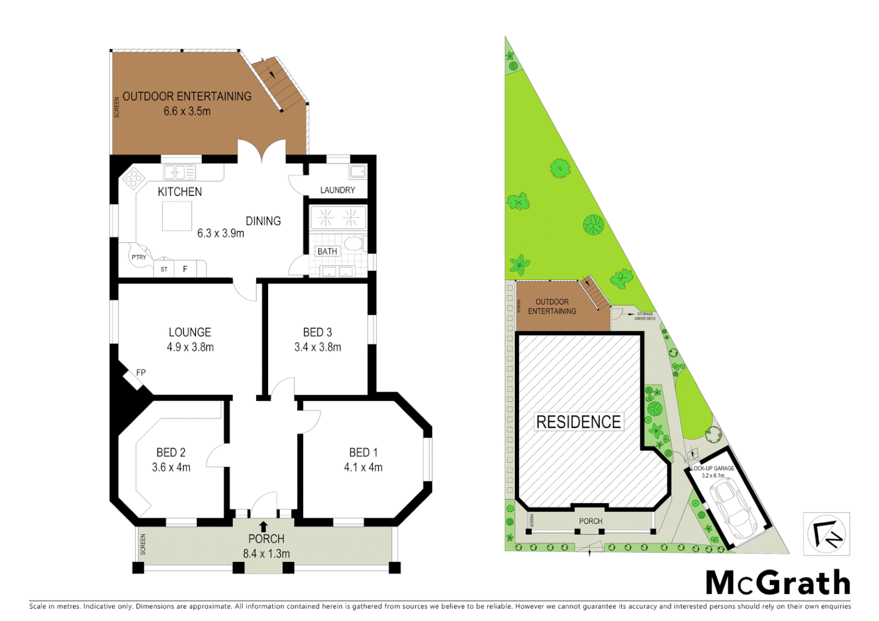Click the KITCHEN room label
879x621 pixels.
pyautogui.click(x=179, y=191)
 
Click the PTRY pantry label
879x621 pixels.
pyautogui.click(x=139, y=257)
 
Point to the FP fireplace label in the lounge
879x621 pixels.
pyautogui.click(x=141, y=373)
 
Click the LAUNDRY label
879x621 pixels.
pyautogui.click(x=337, y=190)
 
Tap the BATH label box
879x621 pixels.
pyautogui.click(x=327, y=251)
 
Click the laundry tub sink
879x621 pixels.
pyautogui.click(x=357, y=171)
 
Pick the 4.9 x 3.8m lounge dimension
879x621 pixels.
pyautogui.click(x=190, y=347)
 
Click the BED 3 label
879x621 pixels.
pyautogui.click(x=317, y=332)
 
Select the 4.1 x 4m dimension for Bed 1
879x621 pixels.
pyautogui.click(x=363, y=467)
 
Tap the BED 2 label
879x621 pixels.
pyautogui.click(x=171, y=453)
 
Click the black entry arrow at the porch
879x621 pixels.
pyautogui.click(x=263, y=526)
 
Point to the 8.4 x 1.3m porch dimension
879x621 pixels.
pyautogui.click(x=266, y=554)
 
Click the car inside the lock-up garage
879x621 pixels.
pyautogui.click(x=733, y=508)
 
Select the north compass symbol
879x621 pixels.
pyautogui.click(x=826, y=534)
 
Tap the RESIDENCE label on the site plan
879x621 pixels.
pyautogui.click(x=578, y=421)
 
